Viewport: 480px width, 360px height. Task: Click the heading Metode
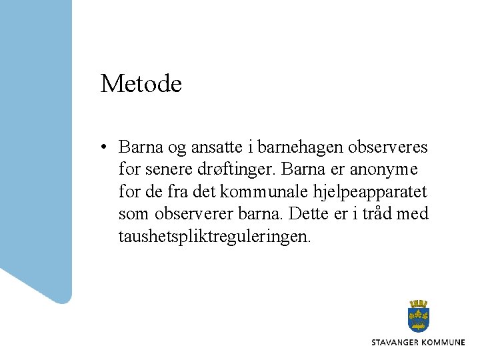pyautogui.click(x=141, y=84)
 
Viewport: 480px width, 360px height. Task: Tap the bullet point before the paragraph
pyautogui.click(x=104, y=147)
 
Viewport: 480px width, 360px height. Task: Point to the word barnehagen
pyautogui.click(x=297, y=147)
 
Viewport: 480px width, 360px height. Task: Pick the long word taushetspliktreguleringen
pyautogui.click(x=214, y=237)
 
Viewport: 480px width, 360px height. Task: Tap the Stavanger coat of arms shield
pyautogui.click(x=418, y=317)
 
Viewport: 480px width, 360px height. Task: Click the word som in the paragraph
pyautogui.click(x=133, y=215)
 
